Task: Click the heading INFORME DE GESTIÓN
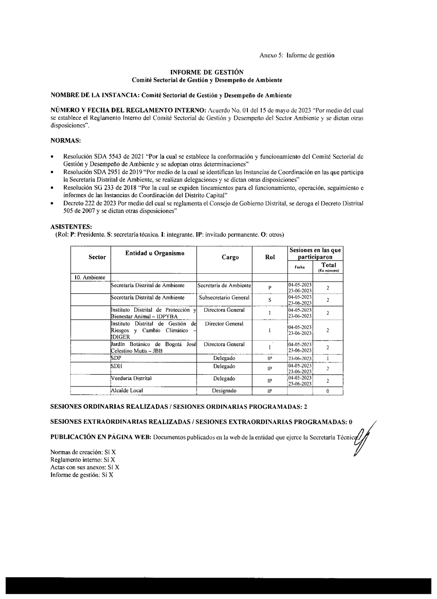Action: tap(207, 72)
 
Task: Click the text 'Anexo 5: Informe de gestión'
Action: tap(297, 56)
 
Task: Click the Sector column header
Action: tap(97, 257)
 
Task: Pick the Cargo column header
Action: tap(230, 257)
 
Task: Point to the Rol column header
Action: tap(270, 257)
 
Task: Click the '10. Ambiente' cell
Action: tap(90, 277)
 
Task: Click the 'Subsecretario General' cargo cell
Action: tap(224, 298)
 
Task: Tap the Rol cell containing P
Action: tap(270, 288)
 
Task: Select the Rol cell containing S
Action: tap(270, 300)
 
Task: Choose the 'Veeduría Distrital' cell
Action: tap(132, 379)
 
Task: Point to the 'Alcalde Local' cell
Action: tap(127, 390)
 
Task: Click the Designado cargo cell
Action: tap(224, 391)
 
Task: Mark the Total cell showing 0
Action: tap(328, 391)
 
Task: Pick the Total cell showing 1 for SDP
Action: tap(328, 359)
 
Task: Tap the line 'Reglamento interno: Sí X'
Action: tap(83, 460)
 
